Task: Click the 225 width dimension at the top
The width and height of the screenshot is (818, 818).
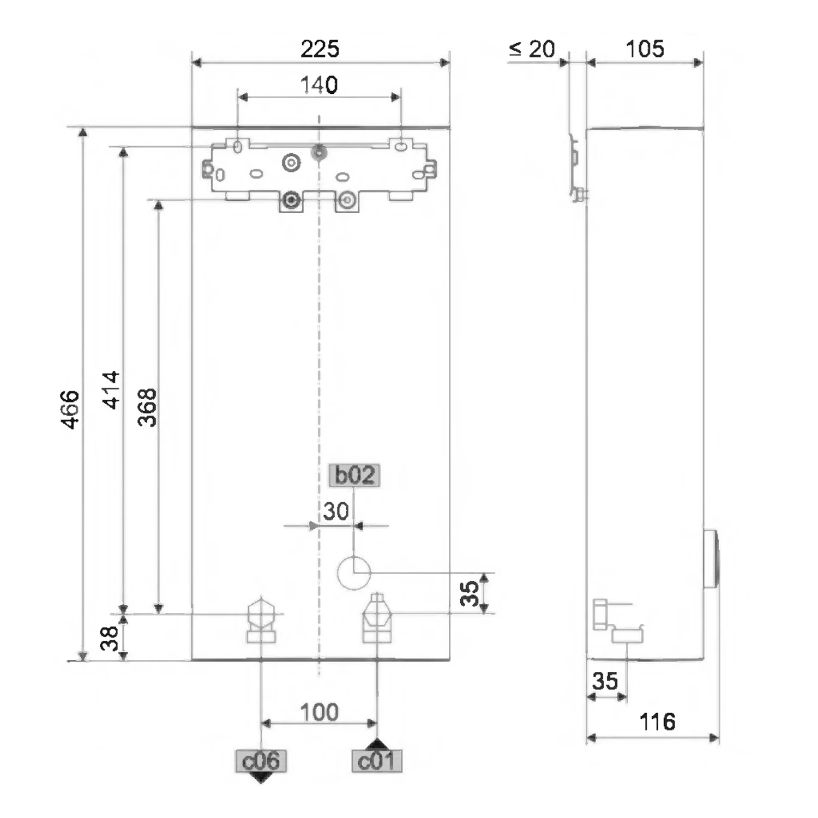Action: (320, 49)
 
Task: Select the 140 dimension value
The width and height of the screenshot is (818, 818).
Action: (319, 85)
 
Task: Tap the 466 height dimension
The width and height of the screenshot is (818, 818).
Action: (70, 410)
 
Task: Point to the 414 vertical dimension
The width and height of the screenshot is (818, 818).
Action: (111, 390)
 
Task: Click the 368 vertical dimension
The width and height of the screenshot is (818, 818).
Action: (147, 407)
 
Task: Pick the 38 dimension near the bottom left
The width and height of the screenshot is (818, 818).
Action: (110, 638)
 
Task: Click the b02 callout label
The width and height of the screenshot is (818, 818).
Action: (354, 475)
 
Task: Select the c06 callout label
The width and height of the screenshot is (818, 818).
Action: (261, 761)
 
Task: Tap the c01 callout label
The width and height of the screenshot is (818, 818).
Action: (377, 761)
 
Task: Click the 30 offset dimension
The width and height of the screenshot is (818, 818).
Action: (336, 512)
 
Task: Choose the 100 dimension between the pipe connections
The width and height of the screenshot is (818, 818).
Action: (320, 712)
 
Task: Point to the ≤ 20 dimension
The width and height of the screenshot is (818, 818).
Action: (532, 49)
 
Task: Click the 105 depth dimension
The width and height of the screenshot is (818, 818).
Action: (645, 49)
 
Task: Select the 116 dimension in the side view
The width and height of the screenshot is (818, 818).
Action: (657, 722)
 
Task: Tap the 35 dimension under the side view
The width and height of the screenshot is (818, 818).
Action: (605, 681)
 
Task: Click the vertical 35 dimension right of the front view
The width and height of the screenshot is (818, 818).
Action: (470, 593)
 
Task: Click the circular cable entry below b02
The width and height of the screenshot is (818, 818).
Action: (354, 573)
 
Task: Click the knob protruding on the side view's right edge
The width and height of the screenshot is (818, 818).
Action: (711, 558)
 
